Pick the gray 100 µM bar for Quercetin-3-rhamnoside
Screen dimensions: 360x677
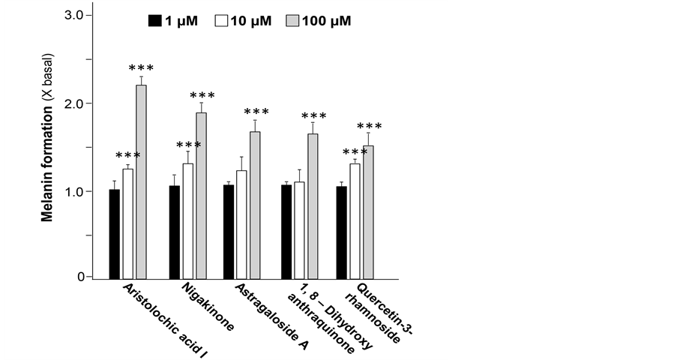(x=368, y=211)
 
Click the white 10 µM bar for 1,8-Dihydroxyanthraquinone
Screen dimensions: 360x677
(x=299, y=229)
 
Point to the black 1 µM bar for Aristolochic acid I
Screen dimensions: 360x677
(x=114, y=233)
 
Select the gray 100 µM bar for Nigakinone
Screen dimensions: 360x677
(x=201, y=194)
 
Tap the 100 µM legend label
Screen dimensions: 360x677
(x=326, y=21)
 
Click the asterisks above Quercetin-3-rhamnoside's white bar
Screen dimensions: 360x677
(x=355, y=152)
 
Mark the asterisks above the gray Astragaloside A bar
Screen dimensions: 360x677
(x=256, y=112)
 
